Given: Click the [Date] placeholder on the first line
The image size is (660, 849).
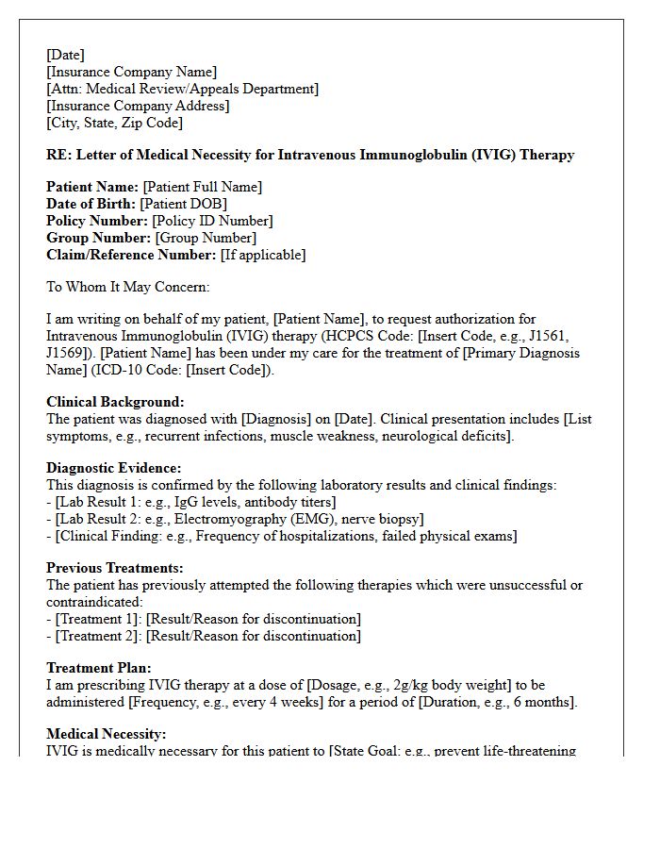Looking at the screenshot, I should (x=65, y=55).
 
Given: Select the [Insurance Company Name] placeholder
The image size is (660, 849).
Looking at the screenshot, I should (x=131, y=72).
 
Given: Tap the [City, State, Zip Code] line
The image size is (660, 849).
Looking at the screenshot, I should (x=114, y=123).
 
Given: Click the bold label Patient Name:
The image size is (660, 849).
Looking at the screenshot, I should (x=92, y=187).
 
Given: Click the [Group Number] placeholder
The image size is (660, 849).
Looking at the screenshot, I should (x=205, y=238).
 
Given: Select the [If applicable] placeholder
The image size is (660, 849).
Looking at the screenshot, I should (x=263, y=255).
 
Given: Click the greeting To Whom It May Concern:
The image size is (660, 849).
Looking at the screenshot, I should (x=128, y=287).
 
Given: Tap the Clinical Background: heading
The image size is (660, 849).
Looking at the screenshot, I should (x=115, y=402).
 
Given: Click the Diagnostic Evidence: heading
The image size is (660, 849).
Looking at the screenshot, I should (x=114, y=468).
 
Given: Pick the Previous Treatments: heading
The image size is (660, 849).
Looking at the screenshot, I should (x=115, y=568).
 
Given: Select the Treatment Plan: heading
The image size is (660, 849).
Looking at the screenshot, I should (x=92, y=668).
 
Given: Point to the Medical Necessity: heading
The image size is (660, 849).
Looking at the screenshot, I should (x=106, y=734).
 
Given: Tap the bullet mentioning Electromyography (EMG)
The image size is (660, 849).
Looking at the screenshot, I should (x=235, y=519).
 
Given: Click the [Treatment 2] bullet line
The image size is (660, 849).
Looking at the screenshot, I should (x=203, y=636).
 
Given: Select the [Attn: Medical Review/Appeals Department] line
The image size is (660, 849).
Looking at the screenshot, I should (x=182, y=89).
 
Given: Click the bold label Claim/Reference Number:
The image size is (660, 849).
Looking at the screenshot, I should (x=131, y=255).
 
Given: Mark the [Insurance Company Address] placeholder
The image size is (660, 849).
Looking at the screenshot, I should (x=138, y=106).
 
